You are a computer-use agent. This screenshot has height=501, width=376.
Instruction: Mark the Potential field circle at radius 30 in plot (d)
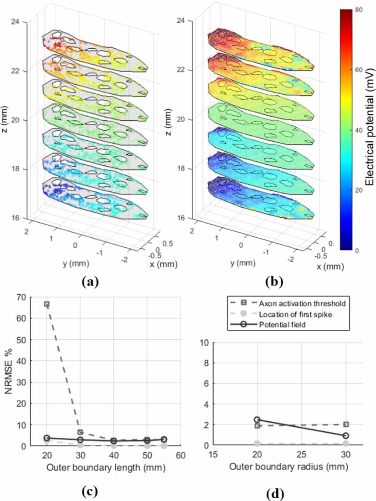click(x=346, y=436)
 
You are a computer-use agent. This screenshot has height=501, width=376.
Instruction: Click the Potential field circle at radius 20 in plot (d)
click(x=258, y=420)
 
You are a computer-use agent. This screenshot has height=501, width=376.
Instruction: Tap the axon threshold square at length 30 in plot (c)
click(x=80, y=432)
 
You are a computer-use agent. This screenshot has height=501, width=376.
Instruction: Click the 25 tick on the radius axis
click(x=302, y=454)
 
